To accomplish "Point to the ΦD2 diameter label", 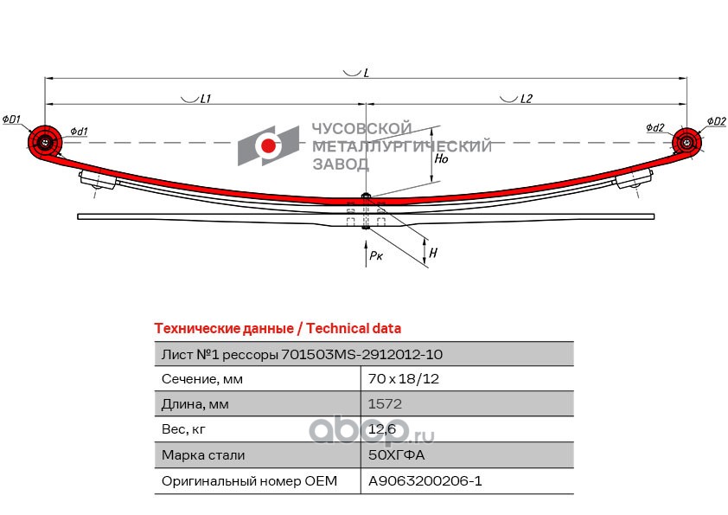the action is pyautogui.click(x=716, y=120).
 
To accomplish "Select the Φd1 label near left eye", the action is pyautogui.click(x=77, y=131).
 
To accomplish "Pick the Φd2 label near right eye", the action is pyautogui.click(x=655, y=128).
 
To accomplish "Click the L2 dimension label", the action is pyautogui.click(x=526, y=100).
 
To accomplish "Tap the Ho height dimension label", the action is pyautogui.click(x=441, y=159).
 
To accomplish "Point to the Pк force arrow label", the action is pyautogui.click(x=375, y=256).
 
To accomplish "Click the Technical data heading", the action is pyautogui.click(x=277, y=328).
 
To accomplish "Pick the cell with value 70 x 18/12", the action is pyautogui.click(x=399, y=379).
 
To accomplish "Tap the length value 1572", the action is pyautogui.click(x=385, y=404).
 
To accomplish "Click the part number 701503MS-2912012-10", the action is pyautogui.click(x=362, y=354).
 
